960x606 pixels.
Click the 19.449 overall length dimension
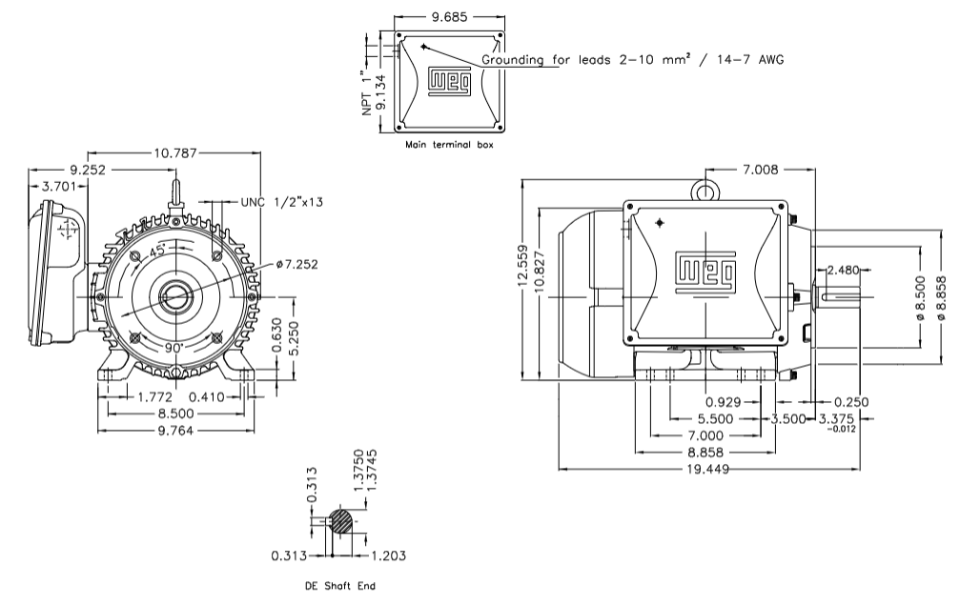click(x=710, y=470)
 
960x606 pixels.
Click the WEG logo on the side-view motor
click(x=706, y=273)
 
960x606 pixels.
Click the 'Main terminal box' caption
click(x=448, y=146)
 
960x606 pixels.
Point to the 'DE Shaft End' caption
click(x=339, y=586)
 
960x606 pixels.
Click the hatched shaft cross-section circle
click(x=341, y=521)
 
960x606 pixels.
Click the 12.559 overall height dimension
click(x=522, y=276)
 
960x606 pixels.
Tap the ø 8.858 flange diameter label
click(x=942, y=297)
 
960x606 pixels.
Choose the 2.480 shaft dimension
click(x=844, y=271)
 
